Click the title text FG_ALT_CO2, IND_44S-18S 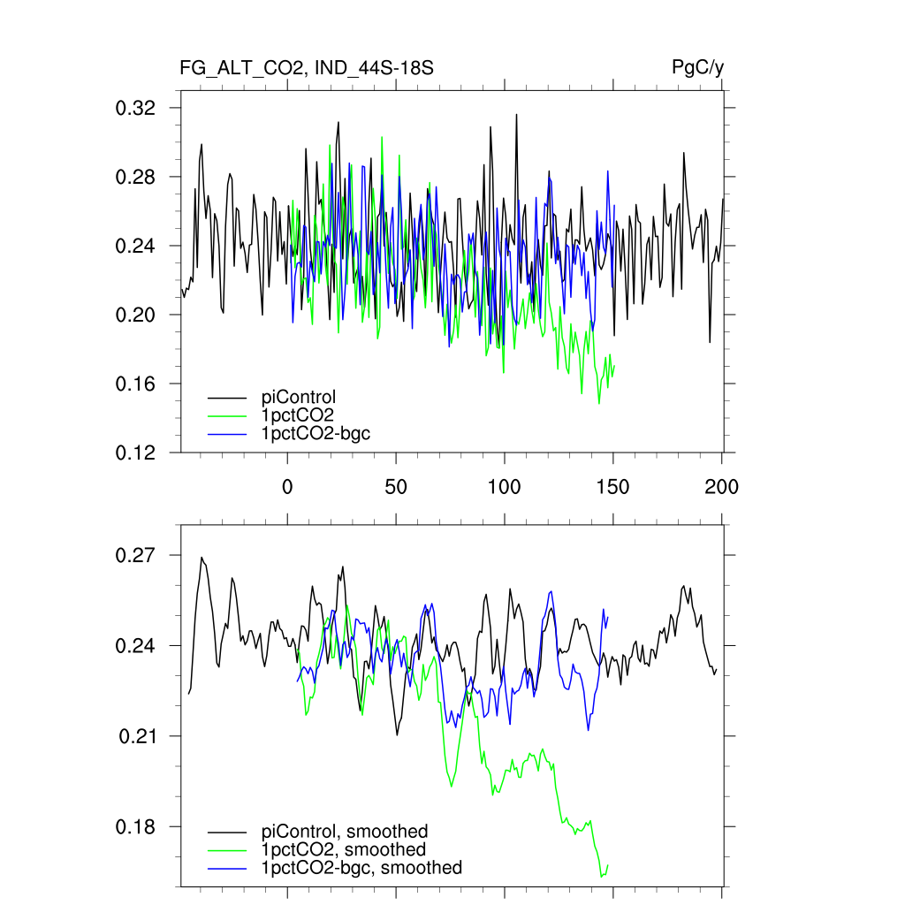307,68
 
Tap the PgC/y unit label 698,68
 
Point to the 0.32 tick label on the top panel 136,108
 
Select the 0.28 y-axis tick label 136,177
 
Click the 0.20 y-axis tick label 136,315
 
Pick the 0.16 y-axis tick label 136,384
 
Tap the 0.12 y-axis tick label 136,452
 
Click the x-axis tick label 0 287,487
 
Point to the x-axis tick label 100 504,487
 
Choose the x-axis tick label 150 612,487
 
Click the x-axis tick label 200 721,487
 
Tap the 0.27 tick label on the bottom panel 136,556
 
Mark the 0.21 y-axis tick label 138,736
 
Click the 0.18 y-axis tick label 136,827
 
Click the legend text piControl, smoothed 345,832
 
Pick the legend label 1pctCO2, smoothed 338,850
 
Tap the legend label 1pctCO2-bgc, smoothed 361,868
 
